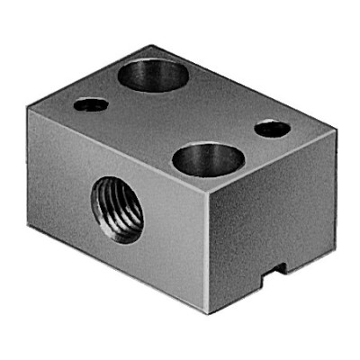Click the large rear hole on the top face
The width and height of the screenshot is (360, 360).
tap(153, 75)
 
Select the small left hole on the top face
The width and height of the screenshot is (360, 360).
tap(92, 105)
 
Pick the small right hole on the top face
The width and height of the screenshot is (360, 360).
tap(272, 129)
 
